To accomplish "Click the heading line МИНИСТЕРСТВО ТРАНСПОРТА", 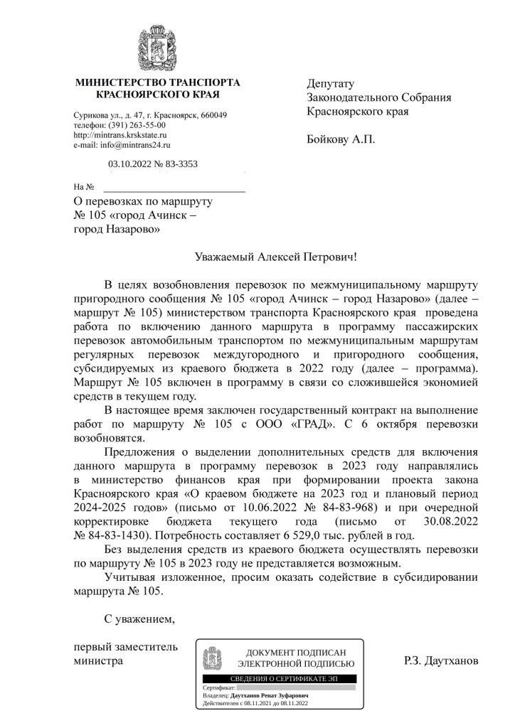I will (x=157, y=83).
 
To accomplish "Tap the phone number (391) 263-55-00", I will (x=137, y=125).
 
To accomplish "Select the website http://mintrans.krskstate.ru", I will (x=120, y=135).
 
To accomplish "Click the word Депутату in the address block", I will (x=330, y=84).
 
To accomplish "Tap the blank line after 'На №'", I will (x=174, y=188).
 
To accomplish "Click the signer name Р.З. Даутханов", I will (x=440, y=661).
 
